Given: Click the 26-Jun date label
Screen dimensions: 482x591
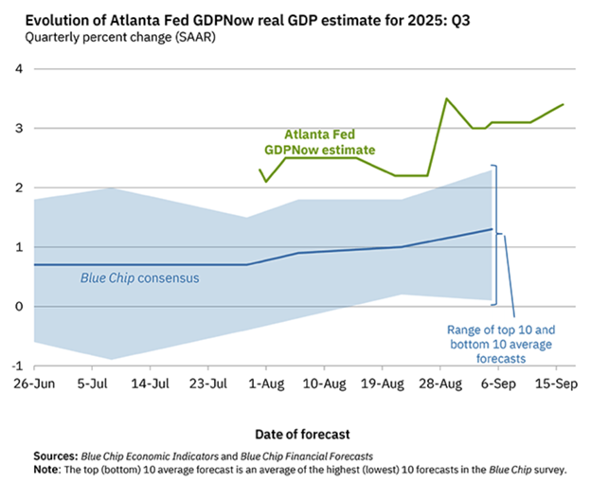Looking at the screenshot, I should tap(33, 386).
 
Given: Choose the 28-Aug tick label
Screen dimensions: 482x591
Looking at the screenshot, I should tap(440, 386).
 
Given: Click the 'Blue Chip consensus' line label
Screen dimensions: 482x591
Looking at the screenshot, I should tap(134, 279).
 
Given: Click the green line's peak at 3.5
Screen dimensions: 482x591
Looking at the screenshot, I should tap(446, 98).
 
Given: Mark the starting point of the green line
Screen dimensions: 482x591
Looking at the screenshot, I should tap(260, 170).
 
